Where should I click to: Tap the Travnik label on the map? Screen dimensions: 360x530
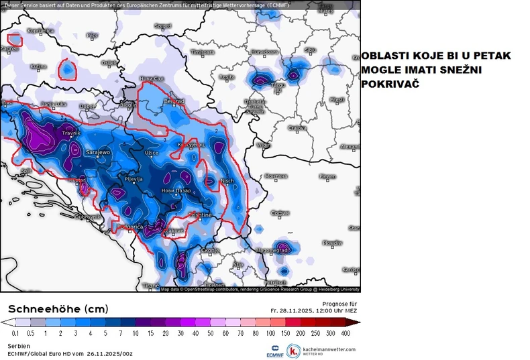(70, 133)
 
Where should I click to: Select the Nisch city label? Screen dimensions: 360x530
(227, 180)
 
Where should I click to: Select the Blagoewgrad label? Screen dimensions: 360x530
(273, 249)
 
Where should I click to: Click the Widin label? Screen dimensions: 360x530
(264, 144)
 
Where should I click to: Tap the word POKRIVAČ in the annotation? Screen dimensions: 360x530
(392, 84)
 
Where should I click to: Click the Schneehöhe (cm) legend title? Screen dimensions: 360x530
(48, 308)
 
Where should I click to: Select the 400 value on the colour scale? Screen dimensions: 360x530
(345, 333)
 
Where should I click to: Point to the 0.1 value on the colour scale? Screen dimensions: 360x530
(15, 333)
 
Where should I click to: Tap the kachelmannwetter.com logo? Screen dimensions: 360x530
(321, 350)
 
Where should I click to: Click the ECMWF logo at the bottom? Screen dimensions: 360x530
(273, 351)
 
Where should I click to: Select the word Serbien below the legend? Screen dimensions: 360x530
(18, 345)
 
